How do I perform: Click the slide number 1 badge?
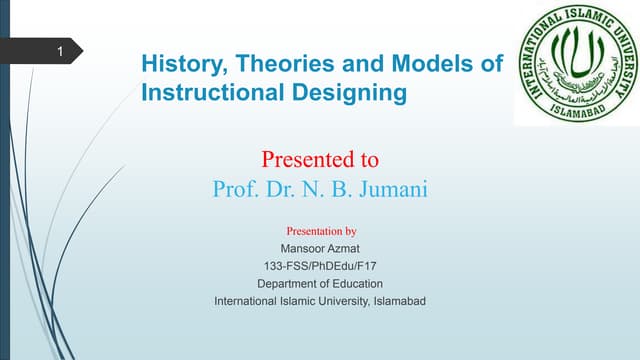click(62, 51)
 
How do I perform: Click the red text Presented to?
click(320, 159)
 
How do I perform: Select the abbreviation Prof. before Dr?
click(236, 188)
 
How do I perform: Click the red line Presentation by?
click(321, 231)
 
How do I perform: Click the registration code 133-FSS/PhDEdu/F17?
click(321, 265)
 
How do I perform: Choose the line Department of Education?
click(321, 283)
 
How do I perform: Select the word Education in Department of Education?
click(357, 283)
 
